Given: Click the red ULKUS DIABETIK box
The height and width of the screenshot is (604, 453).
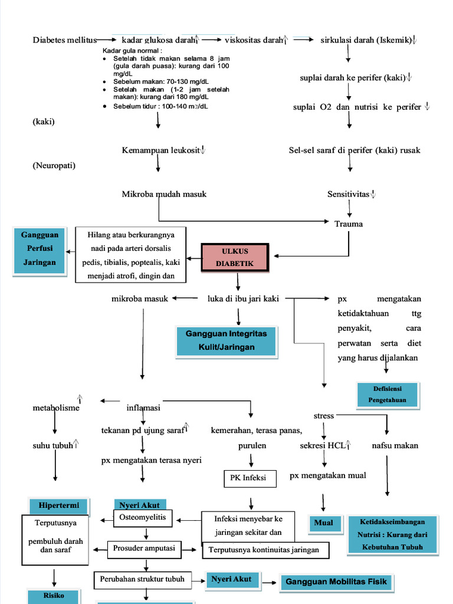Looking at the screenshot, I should [x=235, y=257].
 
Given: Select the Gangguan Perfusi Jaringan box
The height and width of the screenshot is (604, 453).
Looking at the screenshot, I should [x=39, y=249].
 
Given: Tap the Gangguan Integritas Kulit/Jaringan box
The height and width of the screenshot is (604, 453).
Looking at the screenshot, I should [x=226, y=340].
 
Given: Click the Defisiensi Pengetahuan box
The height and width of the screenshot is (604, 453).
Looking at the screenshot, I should [x=388, y=395].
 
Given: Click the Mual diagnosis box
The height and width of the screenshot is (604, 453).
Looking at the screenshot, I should [x=324, y=523].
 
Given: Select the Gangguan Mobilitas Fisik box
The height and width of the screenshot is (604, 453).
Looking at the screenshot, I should [x=336, y=582].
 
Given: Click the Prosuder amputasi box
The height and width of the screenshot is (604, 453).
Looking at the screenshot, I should [x=144, y=549].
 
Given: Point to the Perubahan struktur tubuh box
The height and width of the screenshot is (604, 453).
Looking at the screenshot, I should [x=142, y=579].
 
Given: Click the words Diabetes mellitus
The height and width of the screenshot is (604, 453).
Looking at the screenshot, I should [x=64, y=40].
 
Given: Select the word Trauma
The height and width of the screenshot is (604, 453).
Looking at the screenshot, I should [x=349, y=224].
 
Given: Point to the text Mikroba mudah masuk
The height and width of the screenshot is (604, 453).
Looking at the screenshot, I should [x=164, y=194].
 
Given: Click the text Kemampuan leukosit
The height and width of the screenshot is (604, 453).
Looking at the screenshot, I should [x=160, y=150].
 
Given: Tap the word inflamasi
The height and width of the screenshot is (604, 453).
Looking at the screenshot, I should [x=143, y=408].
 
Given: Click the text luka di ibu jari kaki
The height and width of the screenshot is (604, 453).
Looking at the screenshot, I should [x=244, y=298].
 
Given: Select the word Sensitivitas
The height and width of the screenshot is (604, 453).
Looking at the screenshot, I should [x=349, y=194].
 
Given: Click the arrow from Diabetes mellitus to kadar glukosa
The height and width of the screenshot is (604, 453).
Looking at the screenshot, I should [x=107, y=40].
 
